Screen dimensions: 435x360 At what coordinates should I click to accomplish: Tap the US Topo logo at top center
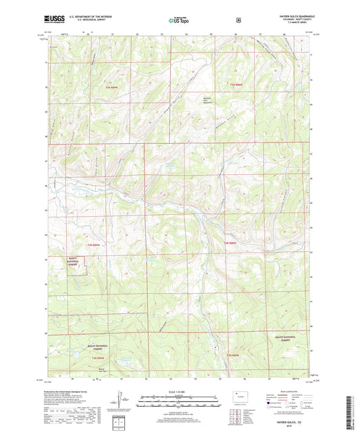click(178, 20)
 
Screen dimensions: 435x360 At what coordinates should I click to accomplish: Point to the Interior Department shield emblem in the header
click(238, 20)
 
